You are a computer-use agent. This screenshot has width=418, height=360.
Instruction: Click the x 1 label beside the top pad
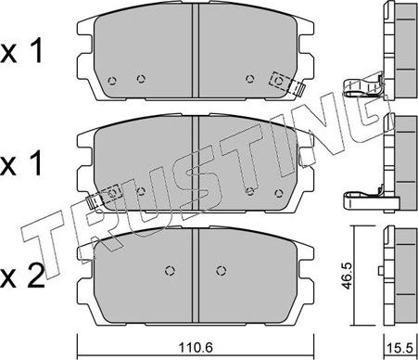pos(27,53)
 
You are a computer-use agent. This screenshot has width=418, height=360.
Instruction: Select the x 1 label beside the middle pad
pos(27,166)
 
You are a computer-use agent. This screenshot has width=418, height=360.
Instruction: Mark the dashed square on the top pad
pos(276,82)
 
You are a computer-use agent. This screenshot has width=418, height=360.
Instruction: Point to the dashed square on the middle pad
pos(112,193)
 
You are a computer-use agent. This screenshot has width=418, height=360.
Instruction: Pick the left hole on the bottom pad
pos(169,271)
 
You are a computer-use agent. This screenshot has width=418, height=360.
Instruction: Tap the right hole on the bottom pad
pos(220,271)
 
